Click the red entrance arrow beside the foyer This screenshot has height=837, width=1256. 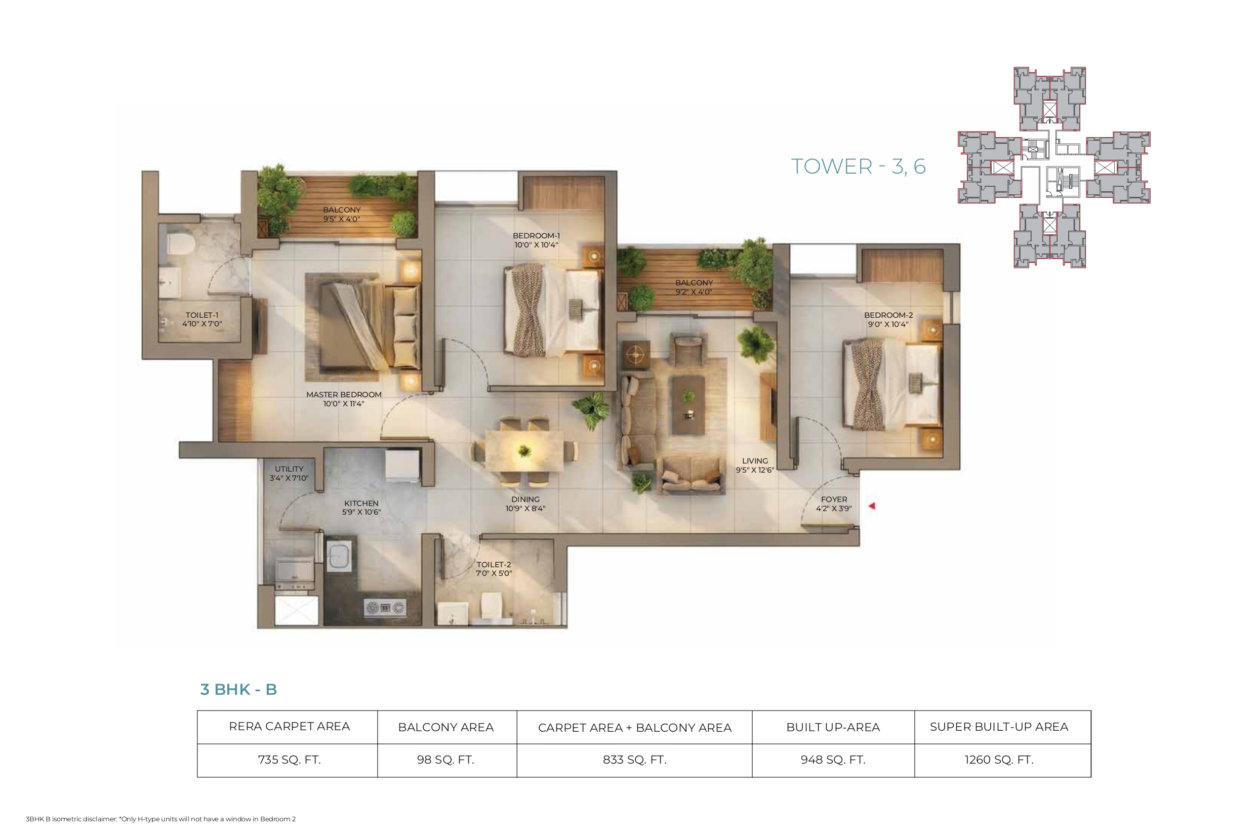pyautogui.click(x=872, y=506)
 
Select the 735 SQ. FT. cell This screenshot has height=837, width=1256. pyautogui.click(x=290, y=760)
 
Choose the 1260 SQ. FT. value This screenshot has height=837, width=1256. pyautogui.click(x=999, y=760)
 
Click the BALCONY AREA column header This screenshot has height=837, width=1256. pyautogui.click(x=446, y=727)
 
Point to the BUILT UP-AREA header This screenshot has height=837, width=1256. pyautogui.click(x=833, y=727)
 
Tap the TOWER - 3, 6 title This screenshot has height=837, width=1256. pyautogui.click(x=858, y=166)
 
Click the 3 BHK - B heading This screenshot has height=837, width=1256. pyautogui.click(x=239, y=689)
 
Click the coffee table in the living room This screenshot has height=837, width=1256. pyautogui.click(x=688, y=404)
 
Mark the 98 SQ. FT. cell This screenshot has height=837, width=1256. pyautogui.click(x=446, y=760)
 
